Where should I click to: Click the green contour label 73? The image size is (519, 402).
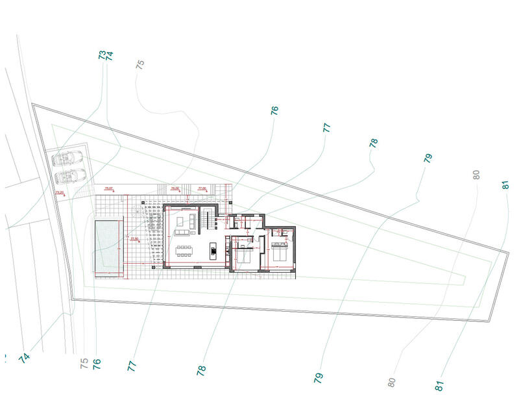click(102, 55)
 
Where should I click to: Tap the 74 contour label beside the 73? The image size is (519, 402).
click(110, 56)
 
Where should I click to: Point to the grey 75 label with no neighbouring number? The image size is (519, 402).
click(140, 64)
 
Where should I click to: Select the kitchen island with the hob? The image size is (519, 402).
click(212, 249)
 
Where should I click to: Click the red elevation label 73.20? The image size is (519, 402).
click(59, 192)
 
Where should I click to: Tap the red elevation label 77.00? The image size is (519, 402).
click(201, 188)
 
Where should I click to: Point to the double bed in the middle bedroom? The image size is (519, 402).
click(245, 255)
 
